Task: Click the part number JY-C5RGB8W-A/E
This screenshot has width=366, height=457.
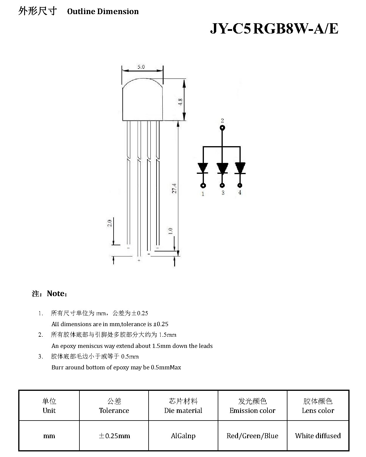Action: [x=274, y=29]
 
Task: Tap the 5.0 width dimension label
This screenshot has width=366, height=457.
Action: [x=141, y=67]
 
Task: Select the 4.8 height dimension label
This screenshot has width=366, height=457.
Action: [x=180, y=102]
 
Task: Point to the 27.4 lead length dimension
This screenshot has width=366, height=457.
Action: [x=174, y=189]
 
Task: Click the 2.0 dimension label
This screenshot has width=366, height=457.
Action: [x=109, y=223]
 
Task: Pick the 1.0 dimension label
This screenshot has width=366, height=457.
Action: [x=170, y=231]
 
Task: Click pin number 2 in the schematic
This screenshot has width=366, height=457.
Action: [x=222, y=121]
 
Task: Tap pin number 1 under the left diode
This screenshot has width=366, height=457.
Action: [x=203, y=194]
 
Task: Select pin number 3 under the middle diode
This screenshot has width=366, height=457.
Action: [x=223, y=193]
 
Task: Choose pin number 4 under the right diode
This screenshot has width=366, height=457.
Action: [x=240, y=192]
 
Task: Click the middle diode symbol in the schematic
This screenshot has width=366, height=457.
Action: [x=222, y=168]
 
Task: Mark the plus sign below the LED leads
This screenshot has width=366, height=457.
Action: [x=139, y=260]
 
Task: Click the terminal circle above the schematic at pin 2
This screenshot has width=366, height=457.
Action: [x=222, y=128]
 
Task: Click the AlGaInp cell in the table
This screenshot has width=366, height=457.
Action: [x=183, y=436]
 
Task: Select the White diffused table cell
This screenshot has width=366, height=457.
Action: [x=318, y=436]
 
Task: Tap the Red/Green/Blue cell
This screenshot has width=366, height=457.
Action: [x=252, y=436]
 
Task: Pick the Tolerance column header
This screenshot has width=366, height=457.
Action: [x=114, y=410]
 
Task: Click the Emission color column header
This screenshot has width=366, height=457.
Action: [x=252, y=410]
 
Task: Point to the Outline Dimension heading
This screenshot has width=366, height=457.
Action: [x=103, y=11]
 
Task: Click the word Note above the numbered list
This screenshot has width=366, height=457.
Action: [x=56, y=293]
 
